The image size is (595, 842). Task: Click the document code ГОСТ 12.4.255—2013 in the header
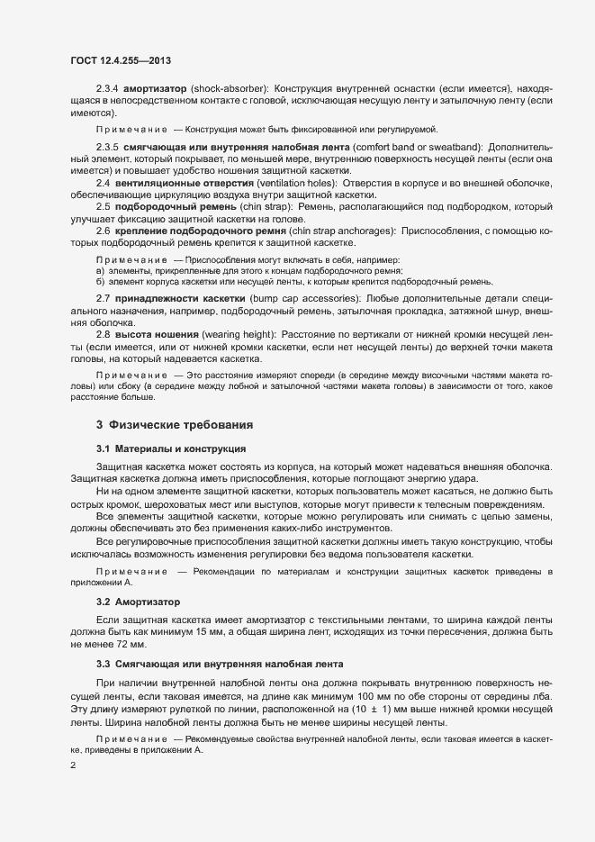point(121,60)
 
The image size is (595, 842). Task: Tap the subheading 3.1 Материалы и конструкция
point(166,448)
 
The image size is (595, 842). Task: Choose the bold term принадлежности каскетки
point(184,296)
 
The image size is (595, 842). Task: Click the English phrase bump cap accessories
point(305,296)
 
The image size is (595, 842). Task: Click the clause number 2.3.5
point(107,146)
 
